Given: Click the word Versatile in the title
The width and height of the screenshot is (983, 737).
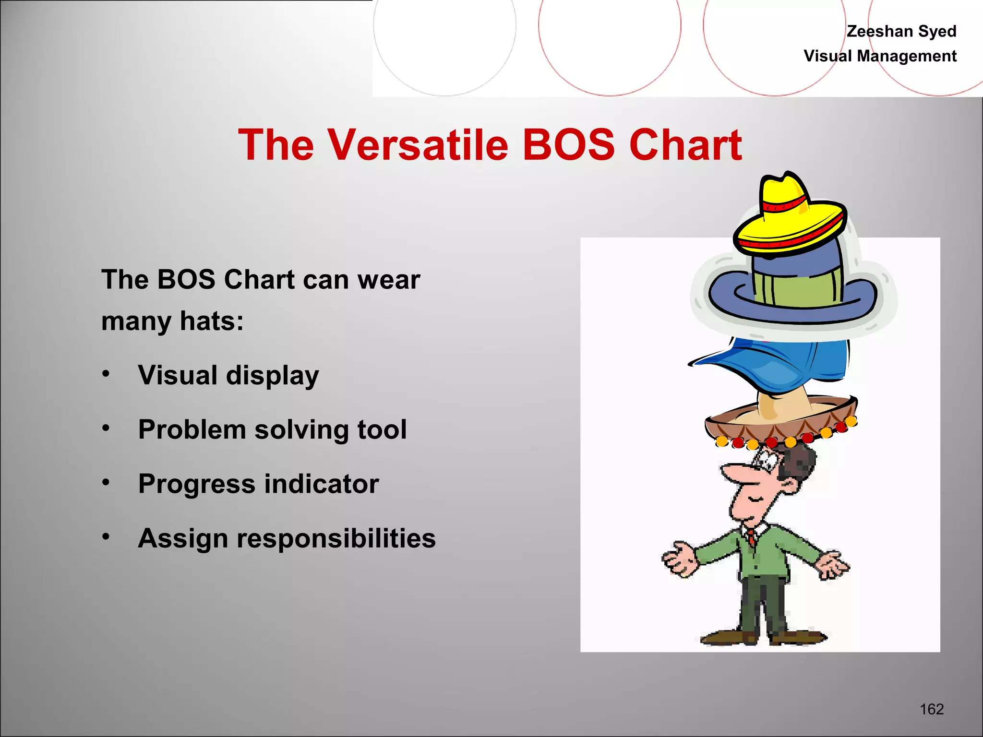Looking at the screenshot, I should (418, 145).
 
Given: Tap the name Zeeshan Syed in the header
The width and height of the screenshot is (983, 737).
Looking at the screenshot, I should (901, 31).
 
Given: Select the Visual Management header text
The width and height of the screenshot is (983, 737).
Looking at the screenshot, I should (880, 56).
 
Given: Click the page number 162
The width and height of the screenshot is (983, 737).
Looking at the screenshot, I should (931, 709).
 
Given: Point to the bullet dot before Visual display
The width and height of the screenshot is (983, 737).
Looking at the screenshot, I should (106, 373).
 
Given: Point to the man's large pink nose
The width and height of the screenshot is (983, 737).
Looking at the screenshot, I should (739, 473).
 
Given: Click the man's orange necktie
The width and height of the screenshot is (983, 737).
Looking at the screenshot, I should (751, 538).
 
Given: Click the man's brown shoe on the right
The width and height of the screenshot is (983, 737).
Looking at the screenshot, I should (799, 637).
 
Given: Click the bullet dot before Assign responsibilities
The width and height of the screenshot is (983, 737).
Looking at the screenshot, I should (106, 536).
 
